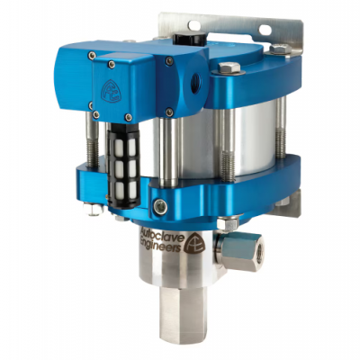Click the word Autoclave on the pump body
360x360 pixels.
(x=162, y=234)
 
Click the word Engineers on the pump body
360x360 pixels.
(x=162, y=245)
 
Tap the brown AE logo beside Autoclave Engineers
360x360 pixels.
(x=195, y=242)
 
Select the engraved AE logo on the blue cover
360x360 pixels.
(x=112, y=91)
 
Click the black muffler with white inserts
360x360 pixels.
(x=123, y=166)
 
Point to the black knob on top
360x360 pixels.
(x=189, y=39)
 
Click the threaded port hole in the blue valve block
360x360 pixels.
(x=195, y=83)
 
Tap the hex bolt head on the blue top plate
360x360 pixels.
(x=229, y=67)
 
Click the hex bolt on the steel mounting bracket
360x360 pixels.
(x=280, y=49)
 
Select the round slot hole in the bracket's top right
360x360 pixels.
(x=265, y=29)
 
